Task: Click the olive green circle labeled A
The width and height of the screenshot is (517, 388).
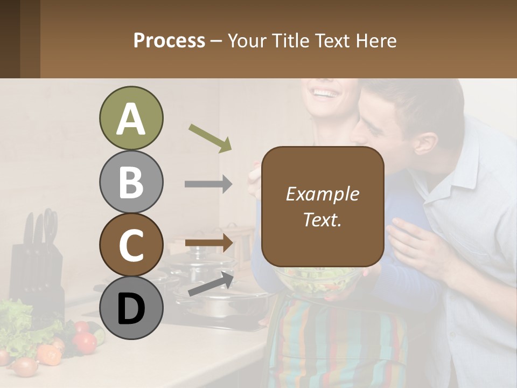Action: [131, 119]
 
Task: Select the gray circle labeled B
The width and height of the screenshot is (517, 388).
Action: [131, 182]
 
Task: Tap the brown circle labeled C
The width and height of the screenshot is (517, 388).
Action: [131, 245]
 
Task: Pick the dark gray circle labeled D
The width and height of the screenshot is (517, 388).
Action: [131, 308]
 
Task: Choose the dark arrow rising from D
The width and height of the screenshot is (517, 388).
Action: [211, 284]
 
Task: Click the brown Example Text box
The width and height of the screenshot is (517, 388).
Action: [323, 206]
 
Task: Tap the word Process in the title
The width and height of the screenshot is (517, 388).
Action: [169, 40]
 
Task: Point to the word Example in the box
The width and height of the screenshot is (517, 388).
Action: [323, 194]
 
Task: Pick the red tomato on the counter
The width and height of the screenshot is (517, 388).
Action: [85, 342]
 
